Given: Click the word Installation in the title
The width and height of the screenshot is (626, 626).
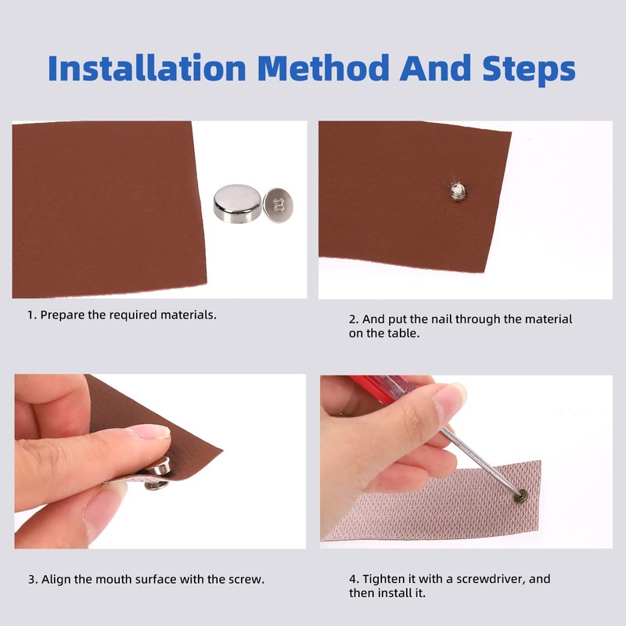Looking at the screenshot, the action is (x=146, y=68).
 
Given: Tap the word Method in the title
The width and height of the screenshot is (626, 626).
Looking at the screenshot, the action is (x=323, y=68).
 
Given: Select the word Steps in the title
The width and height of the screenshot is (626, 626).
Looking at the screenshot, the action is (x=529, y=70).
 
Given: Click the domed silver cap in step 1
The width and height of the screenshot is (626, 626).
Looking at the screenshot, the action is (x=237, y=203).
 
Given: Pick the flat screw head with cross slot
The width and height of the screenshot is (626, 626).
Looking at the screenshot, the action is (x=278, y=204).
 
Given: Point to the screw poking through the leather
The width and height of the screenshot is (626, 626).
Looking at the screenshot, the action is (x=458, y=192).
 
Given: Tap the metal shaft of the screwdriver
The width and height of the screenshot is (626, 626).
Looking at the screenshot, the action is (x=479, y=459).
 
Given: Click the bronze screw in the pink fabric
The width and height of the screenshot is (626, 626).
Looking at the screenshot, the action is (x=520, y=496).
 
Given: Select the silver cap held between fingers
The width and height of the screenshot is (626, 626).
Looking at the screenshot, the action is (x=159, y=467).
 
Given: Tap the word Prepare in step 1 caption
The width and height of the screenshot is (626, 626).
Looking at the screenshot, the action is (x=63, y=315).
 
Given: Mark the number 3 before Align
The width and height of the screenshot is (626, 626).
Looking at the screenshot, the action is (x=31, y=579).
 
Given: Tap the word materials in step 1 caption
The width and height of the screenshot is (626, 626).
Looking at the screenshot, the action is (x=188, y=315).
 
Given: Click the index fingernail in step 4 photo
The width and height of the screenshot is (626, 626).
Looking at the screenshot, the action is (x=452, y=394).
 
